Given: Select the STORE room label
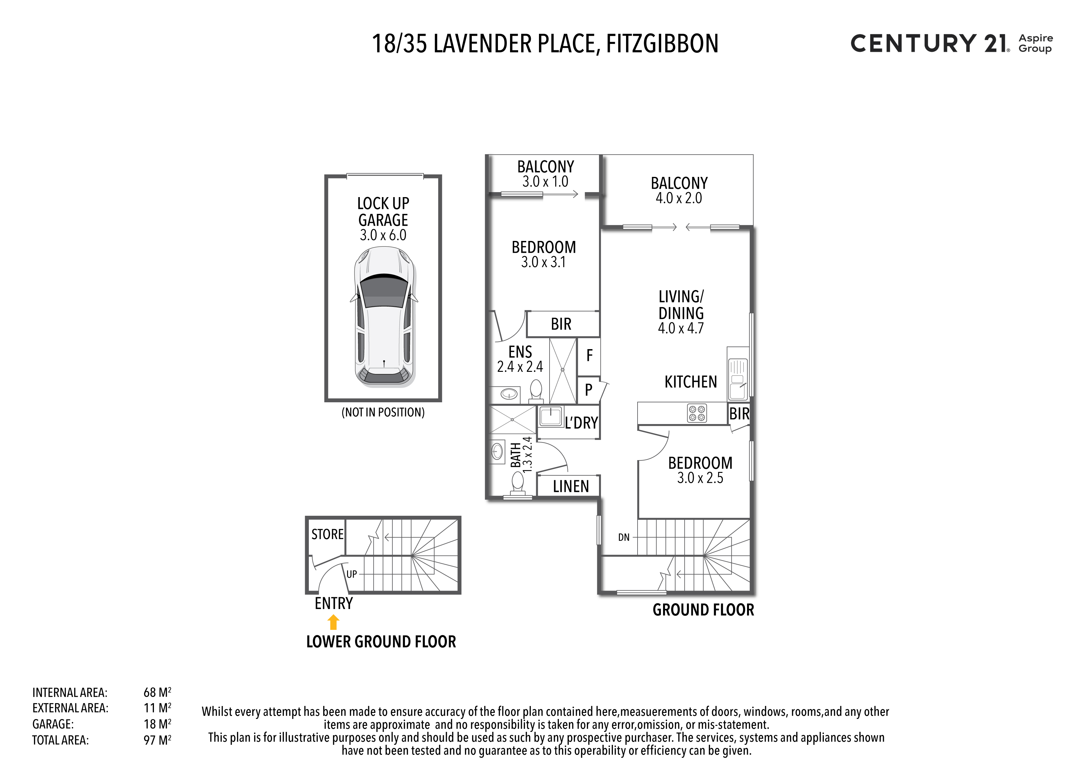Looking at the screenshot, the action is coord(327,534).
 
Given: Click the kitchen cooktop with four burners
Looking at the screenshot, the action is coord(697,413).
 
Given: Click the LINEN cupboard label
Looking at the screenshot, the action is coord(571,487).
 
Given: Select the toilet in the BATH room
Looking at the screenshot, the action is coord(518,485).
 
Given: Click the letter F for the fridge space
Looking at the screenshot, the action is coord(590,355).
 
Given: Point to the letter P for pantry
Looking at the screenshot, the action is coord(589,390).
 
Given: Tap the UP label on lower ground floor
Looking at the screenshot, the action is coord(352,574).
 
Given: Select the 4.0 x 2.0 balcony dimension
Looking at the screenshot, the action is coord(679,198).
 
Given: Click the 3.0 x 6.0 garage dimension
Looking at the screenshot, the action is coord(383,235).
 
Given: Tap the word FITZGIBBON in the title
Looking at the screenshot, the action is coord(662,44).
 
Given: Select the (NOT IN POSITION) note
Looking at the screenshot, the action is coord(383,412).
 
